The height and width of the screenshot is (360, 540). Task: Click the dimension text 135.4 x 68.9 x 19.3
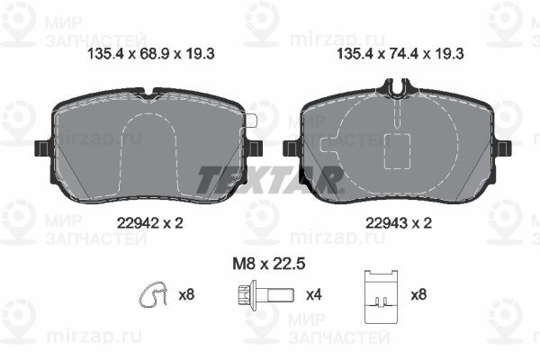pos(151,54)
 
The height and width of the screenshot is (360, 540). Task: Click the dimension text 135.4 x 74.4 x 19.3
pos(400,54)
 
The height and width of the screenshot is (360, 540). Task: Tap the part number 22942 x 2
pos(149,223)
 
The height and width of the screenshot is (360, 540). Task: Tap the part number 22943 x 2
pos(399,223)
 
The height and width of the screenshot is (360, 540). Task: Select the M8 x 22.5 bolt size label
pos(269,265)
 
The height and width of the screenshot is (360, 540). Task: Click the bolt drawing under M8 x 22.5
pos(266,295)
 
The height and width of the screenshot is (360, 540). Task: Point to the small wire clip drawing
pos(153,295)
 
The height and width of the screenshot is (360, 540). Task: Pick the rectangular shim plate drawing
pos(382,297)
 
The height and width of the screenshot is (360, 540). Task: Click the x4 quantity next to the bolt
pos(314,295)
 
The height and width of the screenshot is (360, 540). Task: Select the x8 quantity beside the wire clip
pos(186,295)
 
